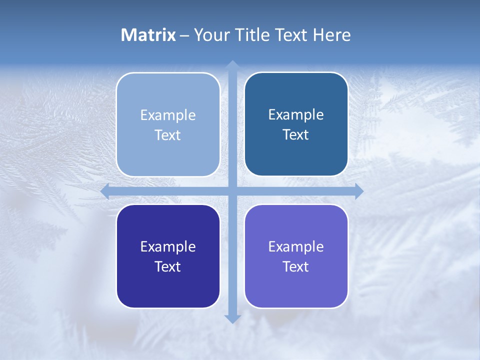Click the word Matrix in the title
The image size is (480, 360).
148,35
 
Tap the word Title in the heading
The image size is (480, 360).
252,35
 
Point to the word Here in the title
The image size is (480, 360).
331,35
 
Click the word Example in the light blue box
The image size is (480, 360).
168,115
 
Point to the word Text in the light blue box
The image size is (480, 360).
168,135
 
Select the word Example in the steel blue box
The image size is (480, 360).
296,115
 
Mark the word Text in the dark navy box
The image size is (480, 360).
168,266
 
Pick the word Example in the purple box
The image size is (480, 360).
296,246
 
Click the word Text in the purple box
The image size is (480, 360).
296,266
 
